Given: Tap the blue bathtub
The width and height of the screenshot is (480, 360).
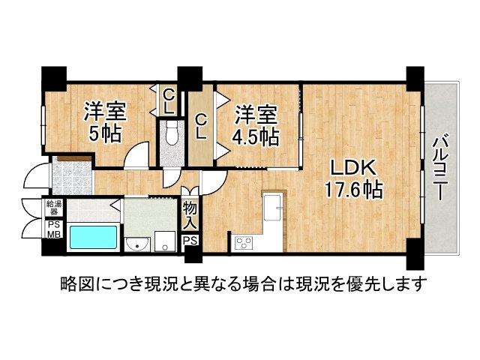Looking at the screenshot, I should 93,238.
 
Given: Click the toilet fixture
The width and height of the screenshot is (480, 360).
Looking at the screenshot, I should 172,136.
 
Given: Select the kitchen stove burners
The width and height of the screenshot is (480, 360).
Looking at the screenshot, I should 244,241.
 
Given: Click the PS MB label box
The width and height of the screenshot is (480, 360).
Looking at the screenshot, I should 55,229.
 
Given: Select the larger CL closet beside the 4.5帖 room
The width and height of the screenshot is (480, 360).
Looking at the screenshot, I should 201,126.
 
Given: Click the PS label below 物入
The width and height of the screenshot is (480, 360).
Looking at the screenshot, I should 190,241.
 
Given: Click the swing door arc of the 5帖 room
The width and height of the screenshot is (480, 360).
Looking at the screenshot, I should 138,158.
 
